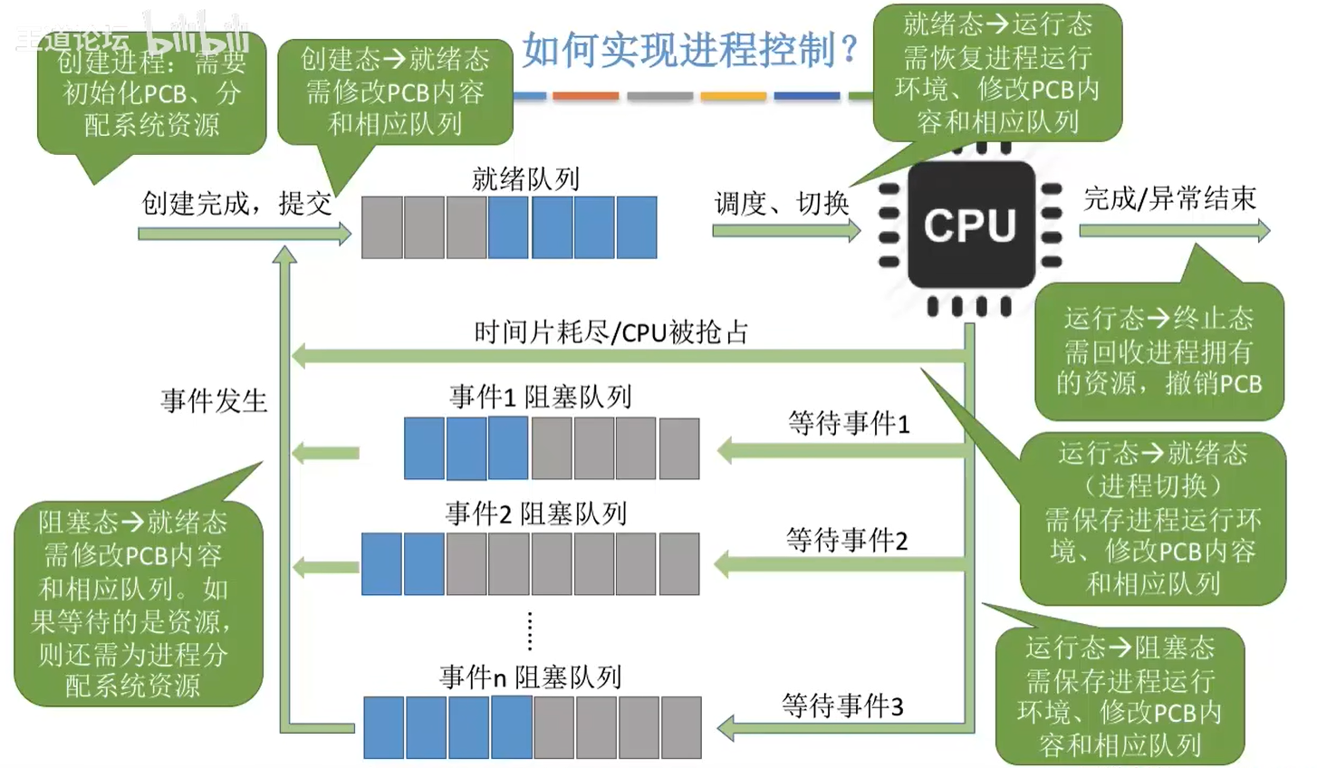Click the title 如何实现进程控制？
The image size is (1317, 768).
click(x=690, y=50)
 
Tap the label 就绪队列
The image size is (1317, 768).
click(x=525, y=179)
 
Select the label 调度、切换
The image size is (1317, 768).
click(x=782, y=204)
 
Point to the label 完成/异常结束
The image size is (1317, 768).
click(x=1169, y=198)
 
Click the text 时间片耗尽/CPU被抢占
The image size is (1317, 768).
click(x=611, y=332)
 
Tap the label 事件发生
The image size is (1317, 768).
click(x=214, y=400)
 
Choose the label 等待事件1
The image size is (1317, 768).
click(x=849, y=423)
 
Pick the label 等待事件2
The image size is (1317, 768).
click(x=847, y=541)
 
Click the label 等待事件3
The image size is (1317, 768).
click(x=842, y=706)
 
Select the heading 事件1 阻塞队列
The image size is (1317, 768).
click(x=541, y=397)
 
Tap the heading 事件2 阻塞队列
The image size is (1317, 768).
click(x=536, y=514)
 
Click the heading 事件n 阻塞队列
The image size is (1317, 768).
click(x=531, y=677)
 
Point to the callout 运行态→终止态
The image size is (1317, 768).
click(x=1158, y=351)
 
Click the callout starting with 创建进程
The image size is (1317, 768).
click(x=151, y=93)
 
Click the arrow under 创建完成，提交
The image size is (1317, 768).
click(x=244, y=234)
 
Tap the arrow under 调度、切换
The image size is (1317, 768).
click(x=786, y=231)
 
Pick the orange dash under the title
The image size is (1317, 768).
click(x=585, y=96)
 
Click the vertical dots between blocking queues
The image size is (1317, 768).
click(x=530, y=630)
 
